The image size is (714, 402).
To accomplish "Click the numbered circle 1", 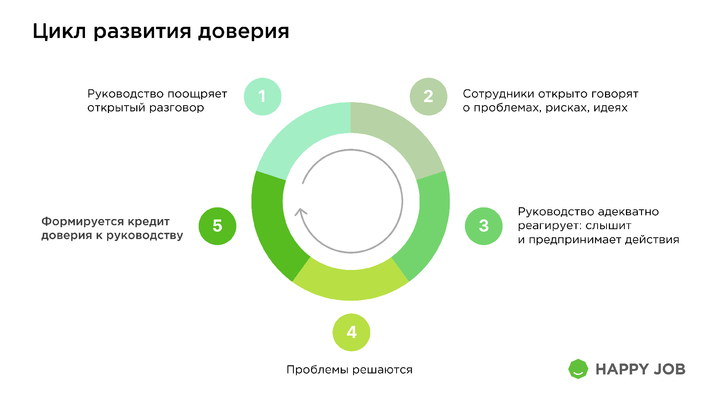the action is pyautogui.click(x=263, y=97).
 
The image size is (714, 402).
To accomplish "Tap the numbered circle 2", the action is pyautogui.click(x=428, y=97).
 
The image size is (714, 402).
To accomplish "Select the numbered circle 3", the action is pyautogui.click(x=484, y=226).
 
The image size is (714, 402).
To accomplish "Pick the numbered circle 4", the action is pyautogui.click(x=352, y=332).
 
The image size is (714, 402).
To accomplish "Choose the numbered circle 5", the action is pyautogui.click(x=217, y=226).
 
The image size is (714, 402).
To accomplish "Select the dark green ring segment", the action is pyautogui.click(x=272, y=229).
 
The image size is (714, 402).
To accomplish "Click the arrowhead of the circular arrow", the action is pyautogui.click(x=300, y=212).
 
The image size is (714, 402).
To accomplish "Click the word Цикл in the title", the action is pyautogui.click(x=59, y=31).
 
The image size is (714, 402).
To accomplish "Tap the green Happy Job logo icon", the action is pyautogui.click(x=578, y=369).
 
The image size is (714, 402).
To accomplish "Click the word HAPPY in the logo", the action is pyautogui.click(x=622, y=369).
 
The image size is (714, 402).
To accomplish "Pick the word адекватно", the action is pyautogui.click(x=628, y=212).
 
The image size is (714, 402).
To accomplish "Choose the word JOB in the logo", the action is pyautogui.click(x=670, y=369).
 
